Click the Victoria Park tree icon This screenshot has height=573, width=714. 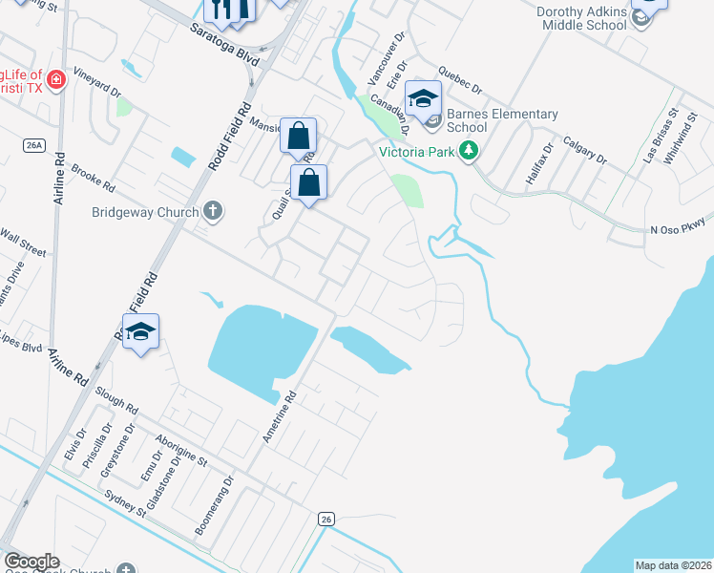pyautogui.click(x=468, y=151)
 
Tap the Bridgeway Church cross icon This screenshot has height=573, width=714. pyautogui.click(x=212, y=211)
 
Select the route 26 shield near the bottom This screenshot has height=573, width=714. pyautogui.click(x=325, y=519)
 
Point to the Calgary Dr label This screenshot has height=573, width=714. pyautogui.click(x=585, y=149)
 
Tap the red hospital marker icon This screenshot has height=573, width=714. pyautogui.click(x=56, y=79)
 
